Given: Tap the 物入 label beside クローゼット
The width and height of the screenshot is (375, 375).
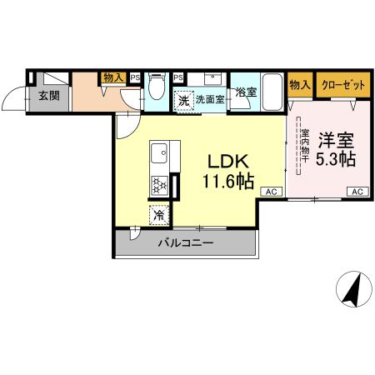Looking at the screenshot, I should [x=299, y=85].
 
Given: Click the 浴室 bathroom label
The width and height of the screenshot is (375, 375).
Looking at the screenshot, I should [x=246, y=93].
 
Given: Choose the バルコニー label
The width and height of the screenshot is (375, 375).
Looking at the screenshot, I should [x=187, y=244].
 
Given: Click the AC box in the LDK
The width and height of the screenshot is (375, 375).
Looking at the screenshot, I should [x=271, y=192].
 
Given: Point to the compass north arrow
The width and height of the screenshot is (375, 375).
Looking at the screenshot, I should [x=352, y=290].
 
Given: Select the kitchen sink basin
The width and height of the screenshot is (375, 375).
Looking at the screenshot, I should [x=159, y=153].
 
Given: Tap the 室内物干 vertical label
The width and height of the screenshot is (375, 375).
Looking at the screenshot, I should [x=305, y=146].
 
